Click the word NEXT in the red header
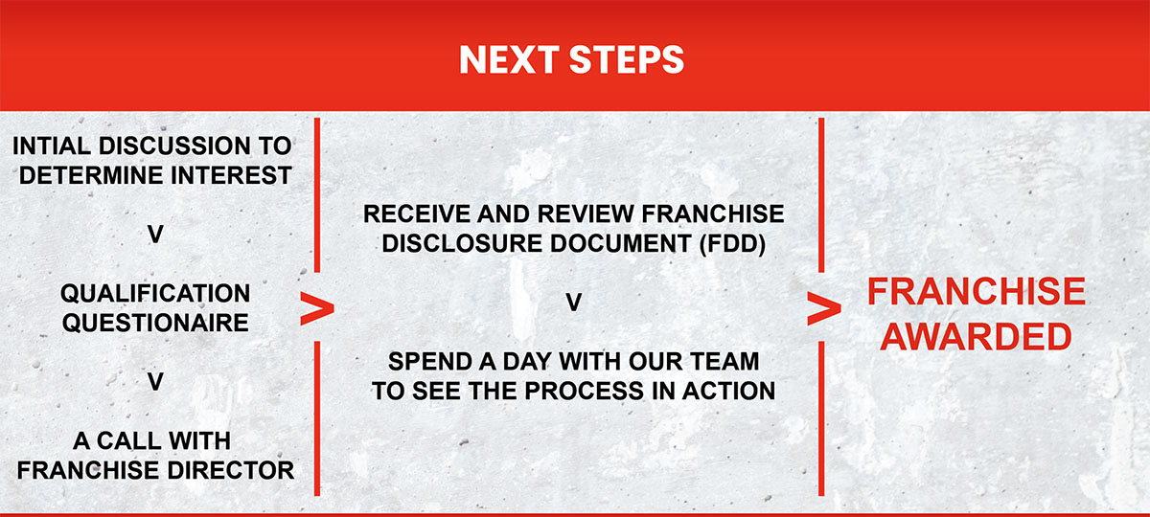click(x=509, y=60)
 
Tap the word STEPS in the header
click(x=627, y=60)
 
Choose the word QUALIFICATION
click(x=155, y=293)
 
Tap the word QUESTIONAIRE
click(x=155, y=324)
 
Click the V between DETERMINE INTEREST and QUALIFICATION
click(x=155, y=235)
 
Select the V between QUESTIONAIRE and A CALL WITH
click(x=155, y=382)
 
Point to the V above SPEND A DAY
click(x=573, y=303)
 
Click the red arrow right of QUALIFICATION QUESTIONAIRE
click(x=317, y=308)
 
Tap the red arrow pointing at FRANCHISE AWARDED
click(x=824, y=308)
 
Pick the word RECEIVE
click(x=417, y=214)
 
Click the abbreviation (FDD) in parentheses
click(x=732, y=243)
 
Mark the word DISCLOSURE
click(x=462, y=243)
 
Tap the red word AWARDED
click(x=976, y=337)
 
